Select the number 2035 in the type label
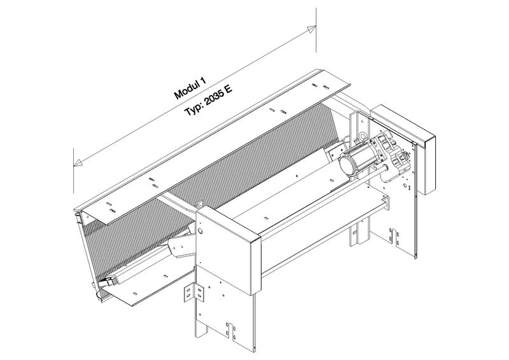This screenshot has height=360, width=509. point(212,99)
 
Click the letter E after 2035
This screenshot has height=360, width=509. point(228,89)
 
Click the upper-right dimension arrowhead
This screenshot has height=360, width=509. point(312,29)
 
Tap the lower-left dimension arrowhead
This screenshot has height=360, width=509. point(78,163)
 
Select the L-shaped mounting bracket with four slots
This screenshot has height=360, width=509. point(193,291)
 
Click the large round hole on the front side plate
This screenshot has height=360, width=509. point(200,232)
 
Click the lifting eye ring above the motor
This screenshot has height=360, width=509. point(363,135)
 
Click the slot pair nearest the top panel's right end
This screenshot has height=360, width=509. point(320,86)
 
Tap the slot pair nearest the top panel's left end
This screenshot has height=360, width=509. point(110,207)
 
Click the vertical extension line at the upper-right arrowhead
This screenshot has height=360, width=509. point(316,30)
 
